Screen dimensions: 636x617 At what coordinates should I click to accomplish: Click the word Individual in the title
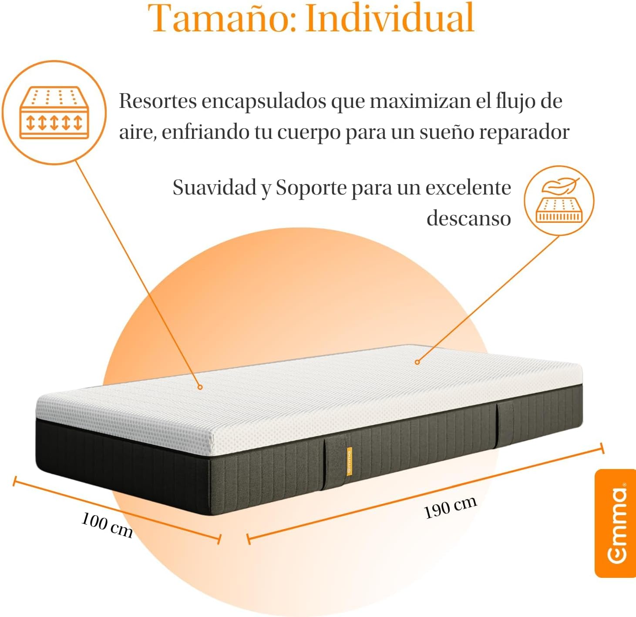pos(390,17)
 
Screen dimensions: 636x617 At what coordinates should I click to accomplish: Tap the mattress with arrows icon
pos(54,113)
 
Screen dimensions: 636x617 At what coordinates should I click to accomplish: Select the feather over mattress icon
pos(559,201)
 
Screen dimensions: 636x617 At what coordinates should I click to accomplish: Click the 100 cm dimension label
pos(107,525)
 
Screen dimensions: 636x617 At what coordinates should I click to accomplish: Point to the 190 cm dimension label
pos(450,508)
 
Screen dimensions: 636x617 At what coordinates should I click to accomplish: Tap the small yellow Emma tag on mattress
pos(349,461)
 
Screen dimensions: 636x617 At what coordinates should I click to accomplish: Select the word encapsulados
pos(264,101)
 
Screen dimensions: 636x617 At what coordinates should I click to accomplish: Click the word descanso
pos(469,218)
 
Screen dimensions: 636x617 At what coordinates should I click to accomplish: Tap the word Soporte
pos(311,188)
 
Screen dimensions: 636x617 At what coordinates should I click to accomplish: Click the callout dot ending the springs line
pos(200,387)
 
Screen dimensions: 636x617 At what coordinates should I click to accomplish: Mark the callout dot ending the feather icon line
pos(417,362)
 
